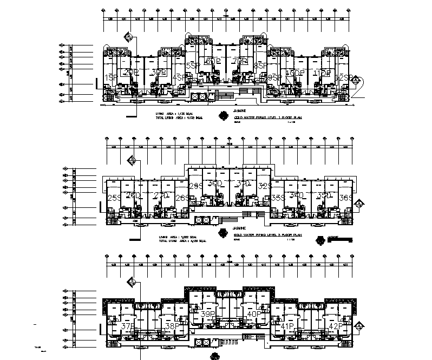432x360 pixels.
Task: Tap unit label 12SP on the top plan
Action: (x=345, y=78)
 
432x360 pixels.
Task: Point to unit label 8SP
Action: (x=260, y=66)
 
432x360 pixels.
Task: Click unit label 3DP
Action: (x=158, y=72)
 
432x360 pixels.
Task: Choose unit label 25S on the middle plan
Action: (x=114, y=198)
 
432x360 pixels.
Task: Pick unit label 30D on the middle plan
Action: (x=216, y=184)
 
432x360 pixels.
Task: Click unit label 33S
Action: (x=278, y=198)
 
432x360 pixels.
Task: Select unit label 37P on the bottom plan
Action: (x=127, y=326)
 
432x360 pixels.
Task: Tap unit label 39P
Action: (x=208, y=314)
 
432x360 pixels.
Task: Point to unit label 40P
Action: (x=254, y=314)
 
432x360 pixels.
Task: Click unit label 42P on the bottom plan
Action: (x=336, y=326)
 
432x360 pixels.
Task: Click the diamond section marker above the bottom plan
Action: (x=130, y=280)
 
